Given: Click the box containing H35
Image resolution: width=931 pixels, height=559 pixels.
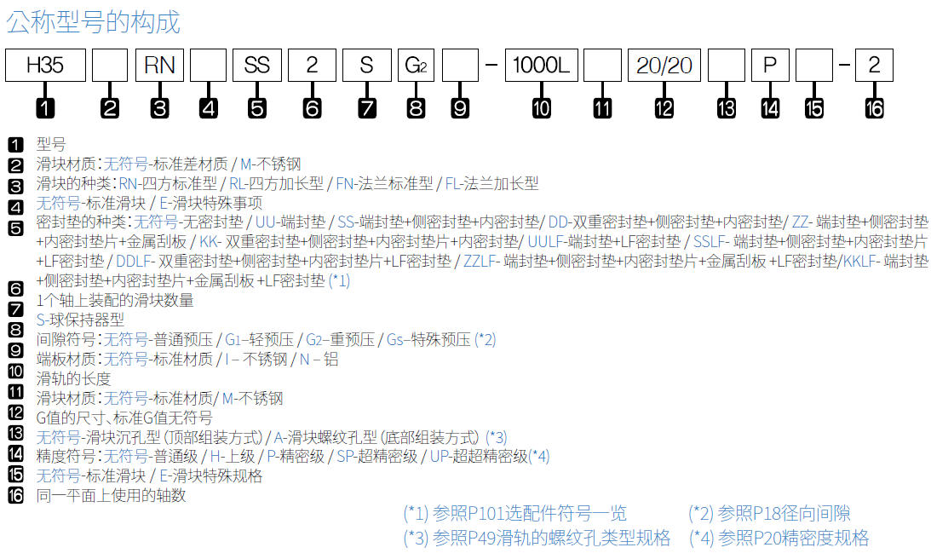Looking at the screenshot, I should (45, 66).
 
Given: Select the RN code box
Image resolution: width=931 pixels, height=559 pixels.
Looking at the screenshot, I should (159, 66).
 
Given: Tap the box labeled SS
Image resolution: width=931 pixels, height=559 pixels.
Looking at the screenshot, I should (257, 66).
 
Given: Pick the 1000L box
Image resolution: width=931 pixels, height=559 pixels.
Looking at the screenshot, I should (540, 66).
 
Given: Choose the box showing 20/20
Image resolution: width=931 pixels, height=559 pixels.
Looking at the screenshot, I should (664, 66).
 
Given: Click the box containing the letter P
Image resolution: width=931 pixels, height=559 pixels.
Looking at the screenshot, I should (770, 66).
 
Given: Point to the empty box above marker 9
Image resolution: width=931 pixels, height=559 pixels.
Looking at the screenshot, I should (461, 66).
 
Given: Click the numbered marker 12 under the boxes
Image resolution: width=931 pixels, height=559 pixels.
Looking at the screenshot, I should (664, 108).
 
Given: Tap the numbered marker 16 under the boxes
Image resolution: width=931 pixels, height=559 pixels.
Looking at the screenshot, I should (874, 108).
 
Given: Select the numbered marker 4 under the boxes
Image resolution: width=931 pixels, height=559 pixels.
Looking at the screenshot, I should (209, 108).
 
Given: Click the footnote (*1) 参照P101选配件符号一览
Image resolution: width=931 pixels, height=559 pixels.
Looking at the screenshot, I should (514, 513).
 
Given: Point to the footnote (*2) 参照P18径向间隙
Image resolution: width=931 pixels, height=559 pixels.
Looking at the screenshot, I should (769, 513).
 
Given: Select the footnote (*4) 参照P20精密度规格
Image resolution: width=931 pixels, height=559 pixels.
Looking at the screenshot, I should (779, 538).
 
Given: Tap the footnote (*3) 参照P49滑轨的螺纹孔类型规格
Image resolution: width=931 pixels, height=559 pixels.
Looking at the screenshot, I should (537, 538).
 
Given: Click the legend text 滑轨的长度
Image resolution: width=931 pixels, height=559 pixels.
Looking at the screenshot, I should (73, 378).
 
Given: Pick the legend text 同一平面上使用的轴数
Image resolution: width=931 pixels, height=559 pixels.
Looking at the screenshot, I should (111, 495).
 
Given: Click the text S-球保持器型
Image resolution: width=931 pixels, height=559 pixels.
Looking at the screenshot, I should (80, 320).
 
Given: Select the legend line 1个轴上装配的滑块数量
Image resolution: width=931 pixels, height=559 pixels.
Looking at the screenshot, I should (115, 301).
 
